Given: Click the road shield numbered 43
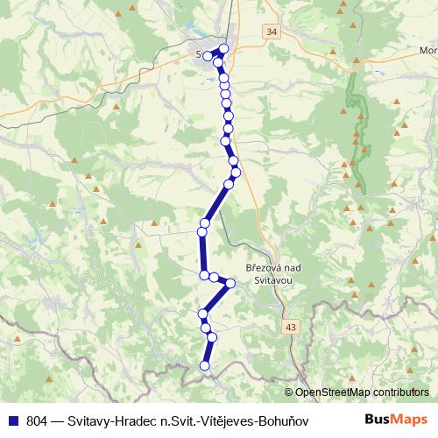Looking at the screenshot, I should [x=291, y=326].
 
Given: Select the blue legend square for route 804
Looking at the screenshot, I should [x=13, y=420].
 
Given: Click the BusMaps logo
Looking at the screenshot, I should [x=396, y=420].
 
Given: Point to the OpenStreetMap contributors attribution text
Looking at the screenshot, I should [x=361, y=392].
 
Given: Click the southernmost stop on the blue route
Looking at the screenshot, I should [x=206, y=365].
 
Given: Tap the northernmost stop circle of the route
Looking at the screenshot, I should [x=223, y=49].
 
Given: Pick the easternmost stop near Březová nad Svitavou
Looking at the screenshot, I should [x=230, y=282].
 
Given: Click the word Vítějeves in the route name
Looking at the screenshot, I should [x=210, y=420].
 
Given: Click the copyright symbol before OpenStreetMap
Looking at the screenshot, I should [x=289, y=392].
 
